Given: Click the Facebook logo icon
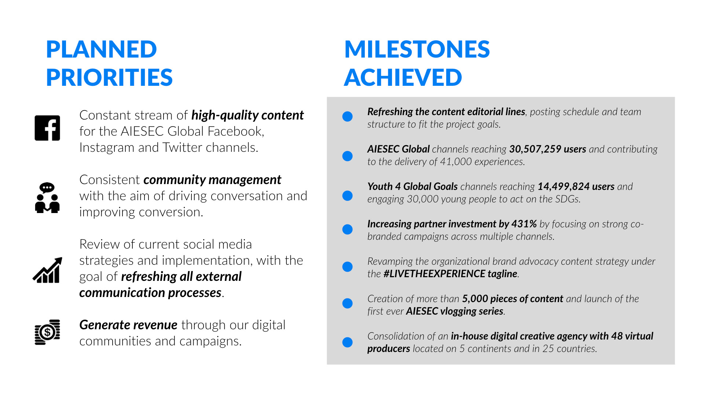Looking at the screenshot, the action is pos(47,128).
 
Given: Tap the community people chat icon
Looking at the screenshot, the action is pos(47,198).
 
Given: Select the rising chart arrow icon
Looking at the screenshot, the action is pos(47,270).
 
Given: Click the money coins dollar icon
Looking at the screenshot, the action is pos(47,332).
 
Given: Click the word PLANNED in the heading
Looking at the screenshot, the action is pos(102,49).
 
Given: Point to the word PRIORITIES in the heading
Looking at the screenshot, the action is pos(109,77).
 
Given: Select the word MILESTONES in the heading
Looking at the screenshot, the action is pos(417,49).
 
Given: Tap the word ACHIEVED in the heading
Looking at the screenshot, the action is pos(403,77).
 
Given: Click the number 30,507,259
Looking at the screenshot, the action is pos(535,149).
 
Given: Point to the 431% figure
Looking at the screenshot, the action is pos(524,224).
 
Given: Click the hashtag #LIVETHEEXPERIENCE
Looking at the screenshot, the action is pos(434,274).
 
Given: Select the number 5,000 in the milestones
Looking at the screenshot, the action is pos(474,299).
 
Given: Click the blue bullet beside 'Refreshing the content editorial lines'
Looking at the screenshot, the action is pos(347,117).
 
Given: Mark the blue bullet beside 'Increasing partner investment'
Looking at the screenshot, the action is pos(347,230).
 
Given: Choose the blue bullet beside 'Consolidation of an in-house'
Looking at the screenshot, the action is pos(347,342).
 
